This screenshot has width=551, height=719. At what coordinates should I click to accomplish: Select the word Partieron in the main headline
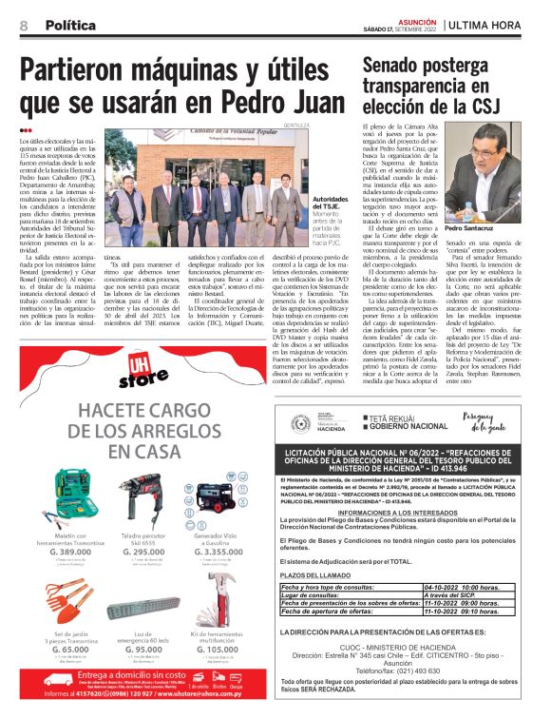tap(94, 71)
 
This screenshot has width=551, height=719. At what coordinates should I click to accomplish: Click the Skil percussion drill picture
tap(142, 494)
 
